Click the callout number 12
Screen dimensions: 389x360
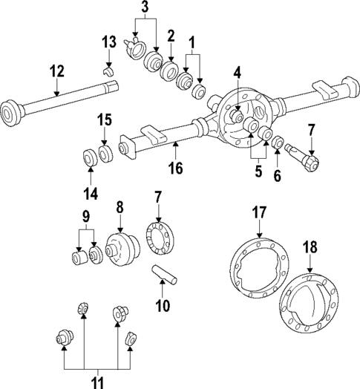56,71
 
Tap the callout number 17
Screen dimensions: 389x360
258,214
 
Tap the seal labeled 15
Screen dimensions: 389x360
106,153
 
